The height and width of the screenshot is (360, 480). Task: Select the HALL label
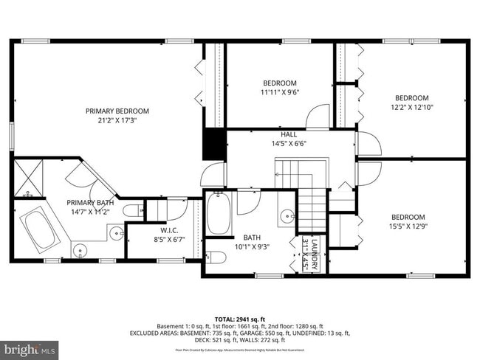coord(289,134)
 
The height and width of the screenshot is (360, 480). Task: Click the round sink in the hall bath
coord(287,216)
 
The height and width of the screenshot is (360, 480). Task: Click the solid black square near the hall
coord(214,144)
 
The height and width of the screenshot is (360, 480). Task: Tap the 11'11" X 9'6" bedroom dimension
coord(280,93)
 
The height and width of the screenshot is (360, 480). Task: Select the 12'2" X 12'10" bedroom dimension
coord(411,108)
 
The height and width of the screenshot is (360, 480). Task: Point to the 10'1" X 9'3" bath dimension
coord(253,246)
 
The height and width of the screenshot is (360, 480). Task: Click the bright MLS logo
coord(29,347)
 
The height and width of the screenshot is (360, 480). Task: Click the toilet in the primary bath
coord(134,212)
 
